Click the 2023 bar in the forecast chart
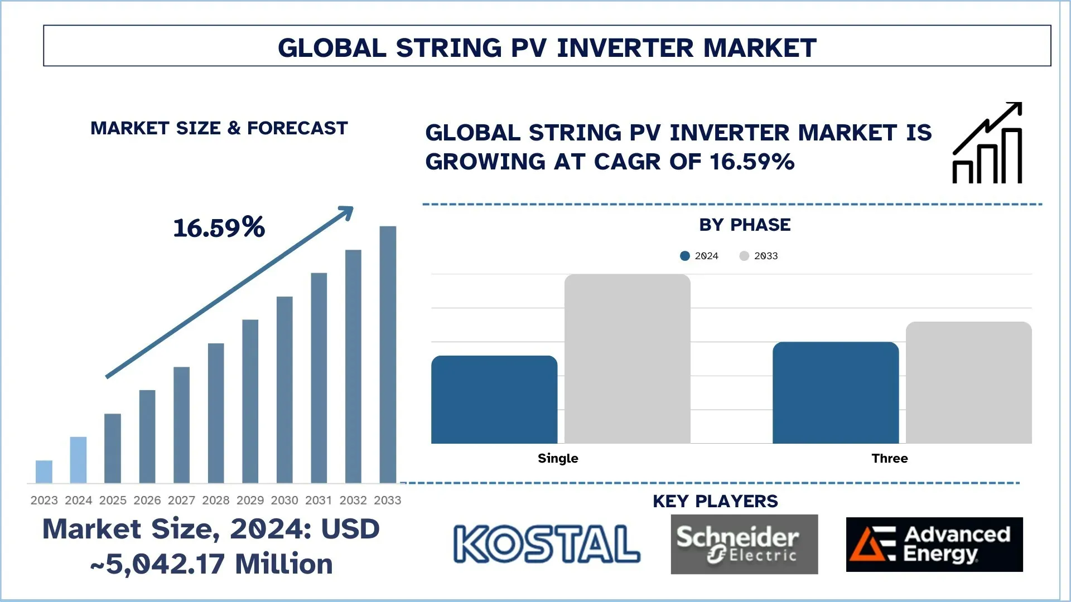44,472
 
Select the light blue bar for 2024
78,460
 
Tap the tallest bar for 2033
388,355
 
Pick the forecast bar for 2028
216,413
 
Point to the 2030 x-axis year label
284,501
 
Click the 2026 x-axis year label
147,501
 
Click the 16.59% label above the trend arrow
219,227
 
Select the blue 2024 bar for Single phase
494,400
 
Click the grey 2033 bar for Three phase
968,383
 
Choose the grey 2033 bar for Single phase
627,359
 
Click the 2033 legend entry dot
744,256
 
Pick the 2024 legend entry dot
685,256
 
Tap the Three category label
889,458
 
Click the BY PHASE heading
745,225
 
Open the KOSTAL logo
547,544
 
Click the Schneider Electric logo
744,544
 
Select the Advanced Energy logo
934,544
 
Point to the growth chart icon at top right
987,143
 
